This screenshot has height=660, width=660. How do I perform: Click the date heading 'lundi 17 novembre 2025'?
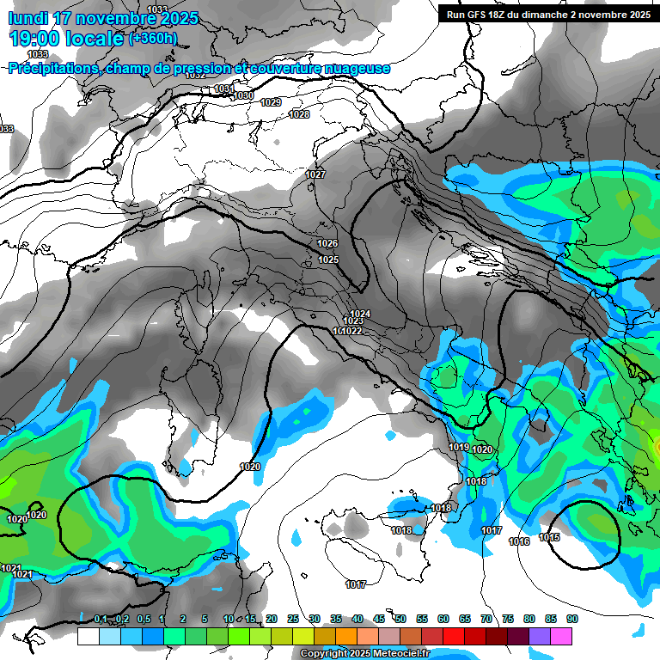(103, 18)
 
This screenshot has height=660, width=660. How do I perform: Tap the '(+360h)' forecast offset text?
(153, 38)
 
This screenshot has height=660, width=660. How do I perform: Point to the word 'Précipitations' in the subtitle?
(52, 68)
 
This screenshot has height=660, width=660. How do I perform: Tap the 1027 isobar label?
(315, 174)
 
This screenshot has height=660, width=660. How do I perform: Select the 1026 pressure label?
(327, 243)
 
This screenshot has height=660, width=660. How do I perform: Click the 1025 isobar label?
(328, 260)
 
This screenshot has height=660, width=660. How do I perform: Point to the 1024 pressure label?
(361, 313)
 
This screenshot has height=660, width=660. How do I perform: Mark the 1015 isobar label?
(549, 537)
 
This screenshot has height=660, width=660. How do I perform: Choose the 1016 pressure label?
(519, 541)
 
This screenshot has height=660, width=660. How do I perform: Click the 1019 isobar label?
(458, 447)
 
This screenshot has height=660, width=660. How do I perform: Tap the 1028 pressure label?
(299, 114)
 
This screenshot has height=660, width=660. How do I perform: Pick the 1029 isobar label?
(271, 102)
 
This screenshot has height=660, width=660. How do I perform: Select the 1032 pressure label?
(196, 76)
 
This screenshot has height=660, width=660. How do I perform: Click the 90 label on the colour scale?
(572, 619)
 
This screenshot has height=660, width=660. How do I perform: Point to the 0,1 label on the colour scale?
(101, 619)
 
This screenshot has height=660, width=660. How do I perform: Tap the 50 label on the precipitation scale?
(400, 619)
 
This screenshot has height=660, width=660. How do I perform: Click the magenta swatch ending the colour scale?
(561, 636)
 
